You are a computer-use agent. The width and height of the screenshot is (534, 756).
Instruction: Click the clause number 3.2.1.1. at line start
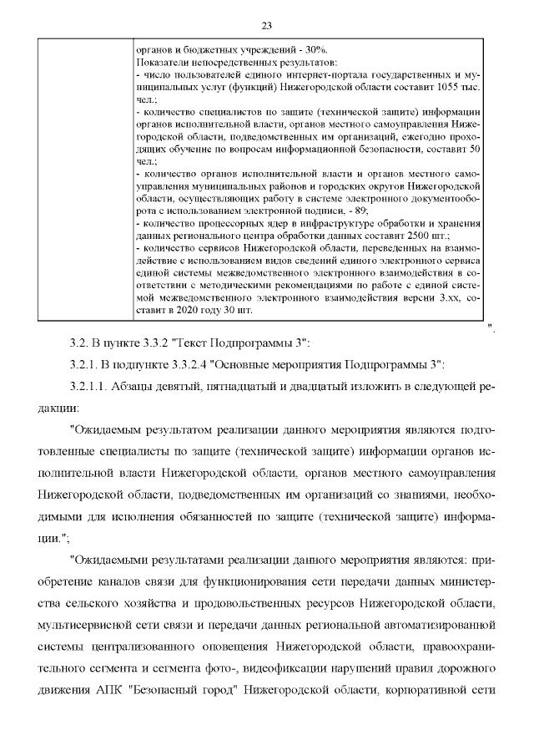pos(93,386)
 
